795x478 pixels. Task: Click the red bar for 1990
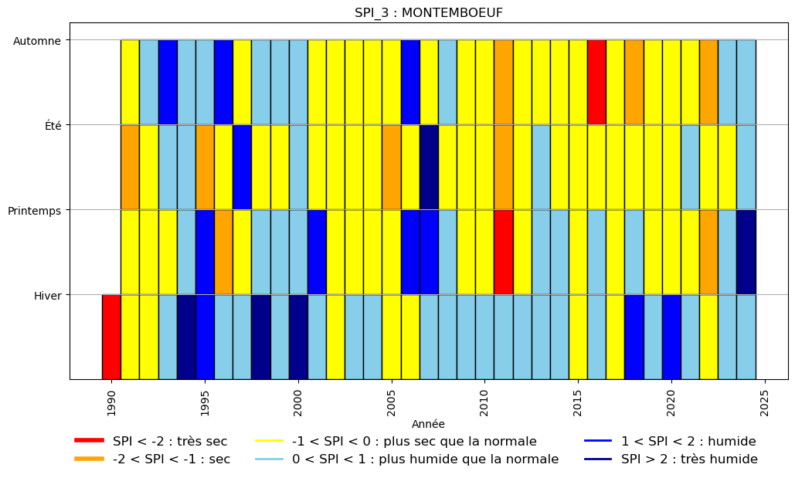pos(111,337)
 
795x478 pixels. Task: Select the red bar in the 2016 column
pos(596,82)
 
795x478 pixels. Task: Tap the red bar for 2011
pos(504,252)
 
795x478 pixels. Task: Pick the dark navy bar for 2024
pos(746,252)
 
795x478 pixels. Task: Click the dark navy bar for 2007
pos(429,168)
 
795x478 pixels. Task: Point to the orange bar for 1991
pos(131,168)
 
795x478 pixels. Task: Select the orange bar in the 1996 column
pos(223,252)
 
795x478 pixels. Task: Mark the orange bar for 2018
pos(634,82)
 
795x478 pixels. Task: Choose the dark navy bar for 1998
pos(261,337)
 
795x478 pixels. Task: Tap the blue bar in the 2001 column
pos(317,252)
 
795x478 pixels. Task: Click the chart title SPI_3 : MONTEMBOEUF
pos(429,12)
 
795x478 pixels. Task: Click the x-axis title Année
pos(429,424)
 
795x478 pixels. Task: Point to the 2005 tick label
pos(392,403)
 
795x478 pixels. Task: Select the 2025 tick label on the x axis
pos(765,403)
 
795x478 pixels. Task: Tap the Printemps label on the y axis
pos(35,211)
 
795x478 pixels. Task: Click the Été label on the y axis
pos(53,126)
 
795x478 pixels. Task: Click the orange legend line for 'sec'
pos(90,459)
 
